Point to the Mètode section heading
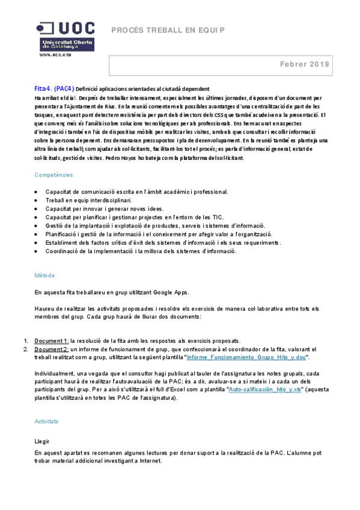[x=44, y=275]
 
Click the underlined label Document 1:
[x=51, y=340]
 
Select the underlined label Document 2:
[x=51, y=349]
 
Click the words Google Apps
[x=171, y=292]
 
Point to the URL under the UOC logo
[x=56, y=54]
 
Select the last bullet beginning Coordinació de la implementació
[x=141, y=251]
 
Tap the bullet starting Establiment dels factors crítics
[x=163, y=242]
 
